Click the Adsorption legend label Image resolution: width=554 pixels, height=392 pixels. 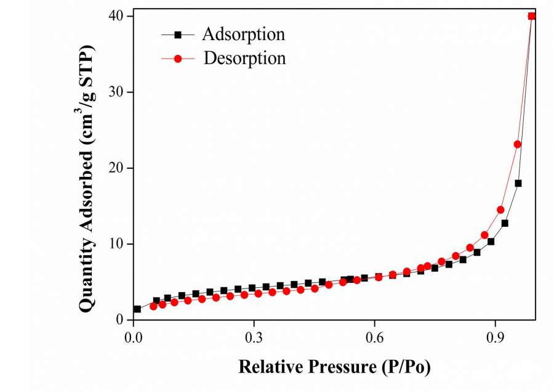point(244,34)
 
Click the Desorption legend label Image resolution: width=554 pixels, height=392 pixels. point(245,59)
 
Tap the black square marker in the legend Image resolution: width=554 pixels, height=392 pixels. point(178,35)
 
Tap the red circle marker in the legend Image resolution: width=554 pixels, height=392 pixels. point(178,59)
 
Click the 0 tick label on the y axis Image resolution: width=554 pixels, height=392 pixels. point(121,320)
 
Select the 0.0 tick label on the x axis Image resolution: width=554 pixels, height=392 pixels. point(133,338)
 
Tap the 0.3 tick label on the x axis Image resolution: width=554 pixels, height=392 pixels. point(254,338)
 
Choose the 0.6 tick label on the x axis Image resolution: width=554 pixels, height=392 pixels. point(375,338)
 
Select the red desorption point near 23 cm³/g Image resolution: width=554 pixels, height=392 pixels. point(518,144)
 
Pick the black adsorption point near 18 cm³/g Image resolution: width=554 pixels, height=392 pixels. point(518,183)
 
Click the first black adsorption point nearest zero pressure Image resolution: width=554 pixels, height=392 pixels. point(137,309)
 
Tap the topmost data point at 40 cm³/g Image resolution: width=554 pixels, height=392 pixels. point(532,16)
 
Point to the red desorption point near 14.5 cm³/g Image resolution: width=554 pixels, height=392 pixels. point(500,210)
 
